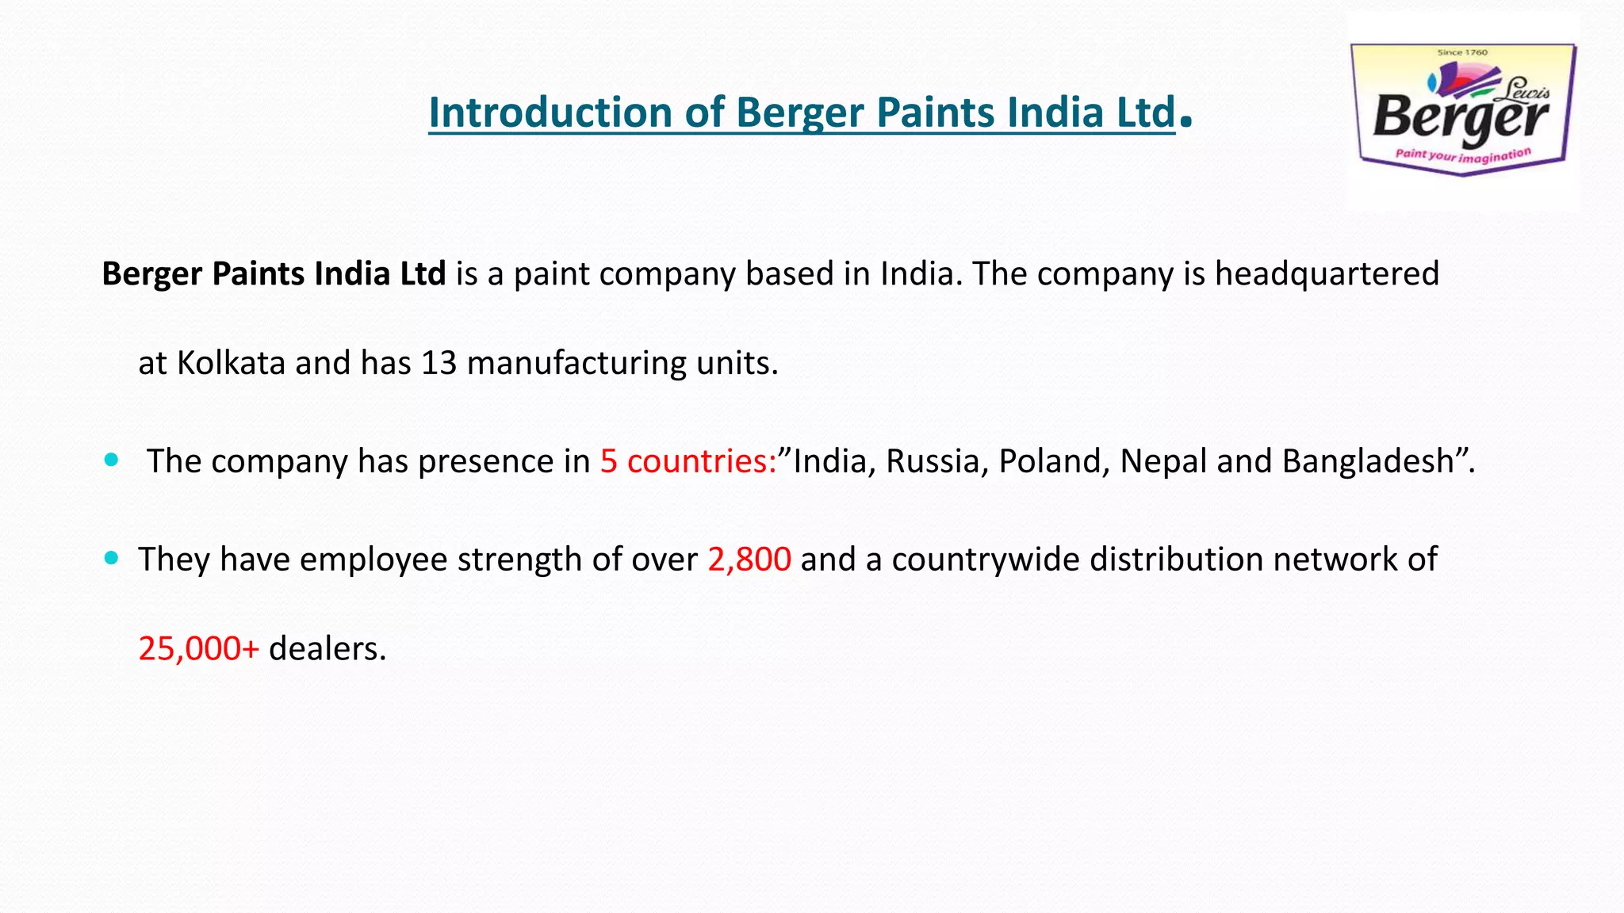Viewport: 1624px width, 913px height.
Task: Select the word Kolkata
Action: pyautogui.click(x=231, y=363)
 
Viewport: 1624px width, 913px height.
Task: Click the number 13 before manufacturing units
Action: pyautogui.click(x=439, y=363)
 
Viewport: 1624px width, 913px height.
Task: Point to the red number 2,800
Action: pyautogui.click(x=749, y=560)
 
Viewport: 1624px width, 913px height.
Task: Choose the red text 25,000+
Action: pyautogui.click(x=198, y=649)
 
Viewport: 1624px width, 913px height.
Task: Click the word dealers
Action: pyautogui.click(x=326, y=649)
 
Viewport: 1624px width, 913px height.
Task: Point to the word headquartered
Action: pyautogui.click(x=1327, y=274)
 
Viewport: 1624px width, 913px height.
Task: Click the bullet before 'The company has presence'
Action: pyautogui.click(x=111, y=460)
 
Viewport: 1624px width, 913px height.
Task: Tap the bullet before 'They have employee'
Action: pyautogui.click(x=111, y=558)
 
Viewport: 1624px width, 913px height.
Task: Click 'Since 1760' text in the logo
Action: pyautogui.click(x=1462, y=52)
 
